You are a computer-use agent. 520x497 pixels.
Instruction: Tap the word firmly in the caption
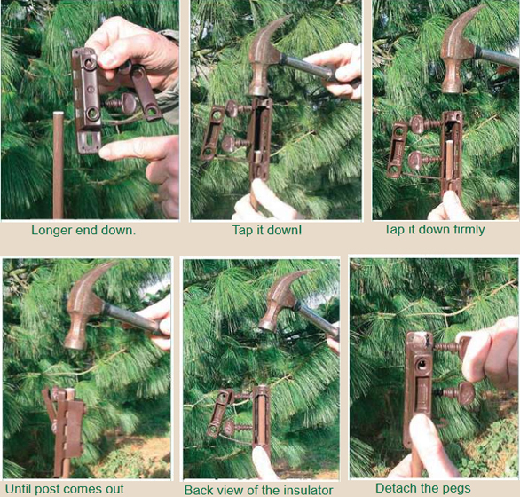(x=468, y=230)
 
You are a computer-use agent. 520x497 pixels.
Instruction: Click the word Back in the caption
(x=198, y=490)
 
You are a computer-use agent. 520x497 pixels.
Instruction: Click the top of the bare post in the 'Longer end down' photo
(x=59, y=114)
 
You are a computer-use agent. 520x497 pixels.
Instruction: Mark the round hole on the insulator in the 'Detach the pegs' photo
(x=422, y=365)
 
